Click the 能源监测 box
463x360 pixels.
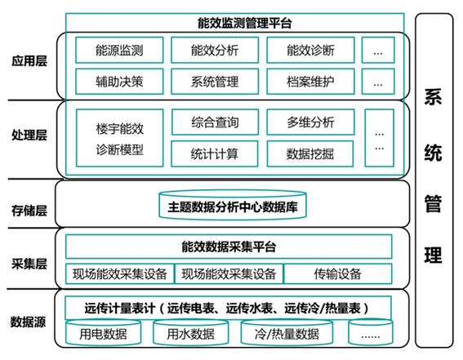tap(119, 50)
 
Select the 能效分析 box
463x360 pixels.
tap(215, 50)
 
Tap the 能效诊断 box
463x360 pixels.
tap(310, 50)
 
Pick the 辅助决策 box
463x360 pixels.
tap(119, 82)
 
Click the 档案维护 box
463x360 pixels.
tap(310, 82)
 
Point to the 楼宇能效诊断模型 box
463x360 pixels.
tap(119, 138)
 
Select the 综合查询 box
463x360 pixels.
tap(216, 122)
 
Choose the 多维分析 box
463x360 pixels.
tap(310, 122)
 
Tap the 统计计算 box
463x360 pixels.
tap(215, 153)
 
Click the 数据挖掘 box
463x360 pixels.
tap(310, 153)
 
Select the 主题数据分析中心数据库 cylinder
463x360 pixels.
tap(233, 206)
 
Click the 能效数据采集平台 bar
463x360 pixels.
tap(229, 247)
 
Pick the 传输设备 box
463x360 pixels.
tap(338, 273)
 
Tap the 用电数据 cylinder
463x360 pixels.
tap(104, 332)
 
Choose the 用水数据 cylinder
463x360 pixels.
tap(191, 332)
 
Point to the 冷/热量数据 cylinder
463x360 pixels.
tap(287, 332)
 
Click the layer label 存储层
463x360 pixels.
tap(29, 211)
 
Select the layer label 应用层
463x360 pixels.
tap(29, 61)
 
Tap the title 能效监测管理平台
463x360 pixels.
tap(245, 23)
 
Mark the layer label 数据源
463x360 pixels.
tap(28, 322)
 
